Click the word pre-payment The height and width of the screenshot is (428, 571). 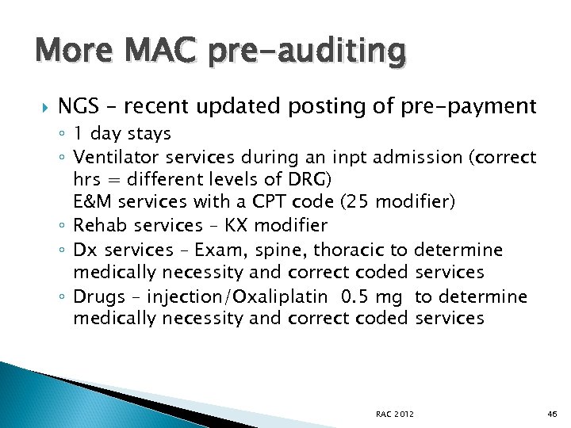(469, 105)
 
